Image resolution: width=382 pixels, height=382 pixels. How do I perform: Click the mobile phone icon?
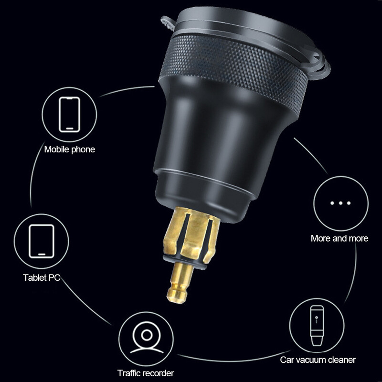point(69,115)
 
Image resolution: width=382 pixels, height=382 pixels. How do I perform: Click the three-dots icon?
point(340,203)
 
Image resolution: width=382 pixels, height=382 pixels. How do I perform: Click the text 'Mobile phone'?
point(70,149)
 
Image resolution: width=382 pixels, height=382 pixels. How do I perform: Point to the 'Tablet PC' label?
point(42,277)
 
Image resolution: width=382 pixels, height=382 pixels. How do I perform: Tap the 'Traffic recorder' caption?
point(146,373)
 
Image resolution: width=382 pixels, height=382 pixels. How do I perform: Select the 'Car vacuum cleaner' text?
point(318,360)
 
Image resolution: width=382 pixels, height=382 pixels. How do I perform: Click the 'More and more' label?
point(340,238)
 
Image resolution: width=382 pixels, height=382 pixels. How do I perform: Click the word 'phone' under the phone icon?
point(83,149)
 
